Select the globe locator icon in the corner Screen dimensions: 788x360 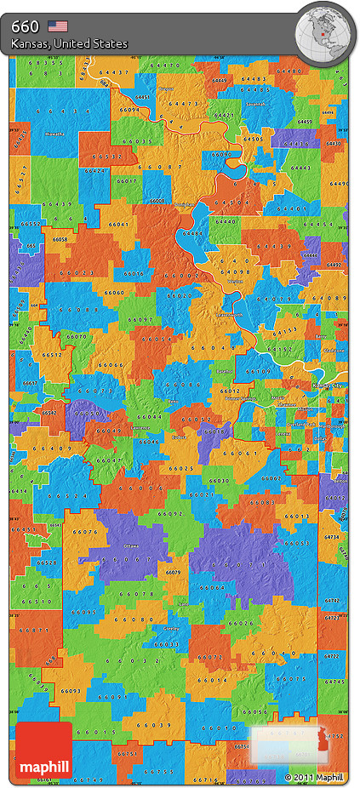324,32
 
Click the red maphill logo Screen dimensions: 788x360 44,751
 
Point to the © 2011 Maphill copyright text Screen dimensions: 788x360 314,777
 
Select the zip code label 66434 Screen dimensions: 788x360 58,111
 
